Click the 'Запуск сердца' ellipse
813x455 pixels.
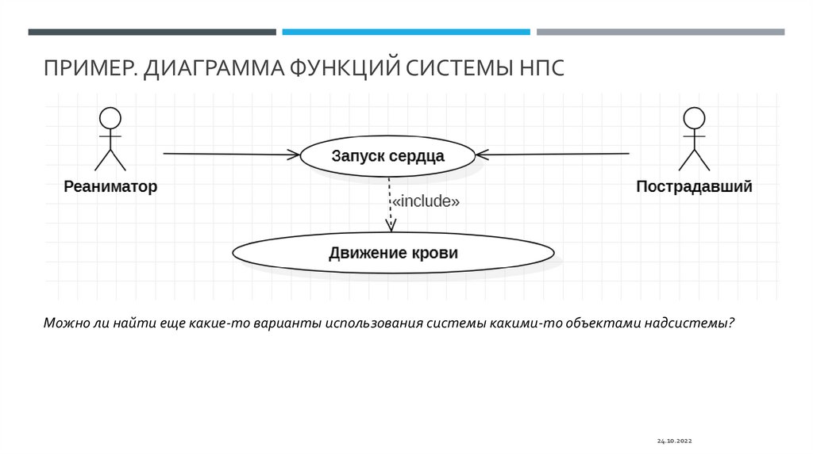coord(387,155)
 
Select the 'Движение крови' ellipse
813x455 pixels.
coord(393,254)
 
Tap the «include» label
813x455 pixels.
coord(426,201)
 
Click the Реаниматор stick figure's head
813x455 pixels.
coord(110,119)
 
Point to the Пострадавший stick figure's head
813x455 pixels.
coord(694,119)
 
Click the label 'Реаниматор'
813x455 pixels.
coord(110,187)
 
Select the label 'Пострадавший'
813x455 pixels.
coord(694,187)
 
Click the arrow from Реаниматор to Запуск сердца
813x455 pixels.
coord(230,154)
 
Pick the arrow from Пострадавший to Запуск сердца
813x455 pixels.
coord(556,154)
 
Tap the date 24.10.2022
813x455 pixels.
coord(675,438)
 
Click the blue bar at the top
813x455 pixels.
coord(406,32)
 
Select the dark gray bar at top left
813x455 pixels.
coord(152,32)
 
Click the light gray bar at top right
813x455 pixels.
coord(660,32)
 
